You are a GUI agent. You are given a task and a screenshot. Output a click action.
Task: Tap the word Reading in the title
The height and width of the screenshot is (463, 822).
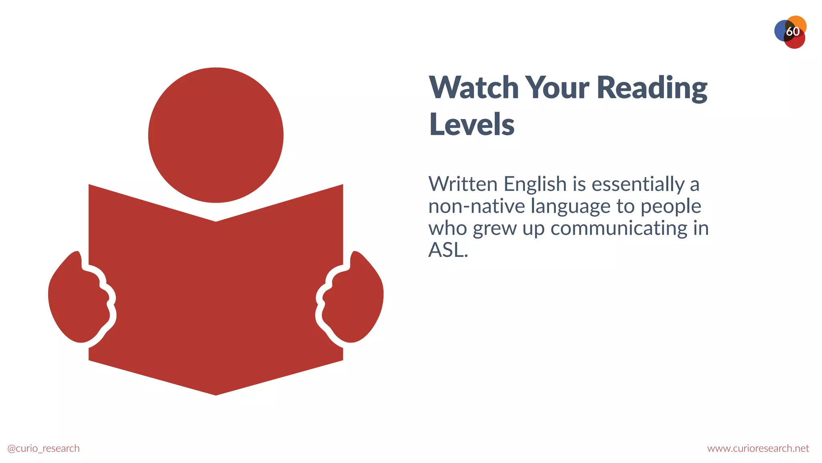(652, 88)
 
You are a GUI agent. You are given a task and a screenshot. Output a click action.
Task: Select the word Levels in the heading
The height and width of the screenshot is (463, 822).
(472, 125)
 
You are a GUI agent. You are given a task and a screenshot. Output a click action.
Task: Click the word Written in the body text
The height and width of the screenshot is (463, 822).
(463, 184)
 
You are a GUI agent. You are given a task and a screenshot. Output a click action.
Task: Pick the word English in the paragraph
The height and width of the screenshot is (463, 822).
(535, 185)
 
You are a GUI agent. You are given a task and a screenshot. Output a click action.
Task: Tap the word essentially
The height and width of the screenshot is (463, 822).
(638, 185)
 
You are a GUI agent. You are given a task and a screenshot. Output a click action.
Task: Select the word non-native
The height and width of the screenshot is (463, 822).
(476, 206)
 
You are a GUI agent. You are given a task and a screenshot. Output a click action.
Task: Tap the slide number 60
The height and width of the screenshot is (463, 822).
(792, 31)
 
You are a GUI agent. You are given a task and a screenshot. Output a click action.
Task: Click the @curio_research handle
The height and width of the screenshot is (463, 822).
(43, 448)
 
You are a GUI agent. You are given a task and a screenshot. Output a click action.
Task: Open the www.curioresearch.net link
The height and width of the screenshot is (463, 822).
(758, 448)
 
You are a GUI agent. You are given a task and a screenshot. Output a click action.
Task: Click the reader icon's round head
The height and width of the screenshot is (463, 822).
(216, 135)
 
